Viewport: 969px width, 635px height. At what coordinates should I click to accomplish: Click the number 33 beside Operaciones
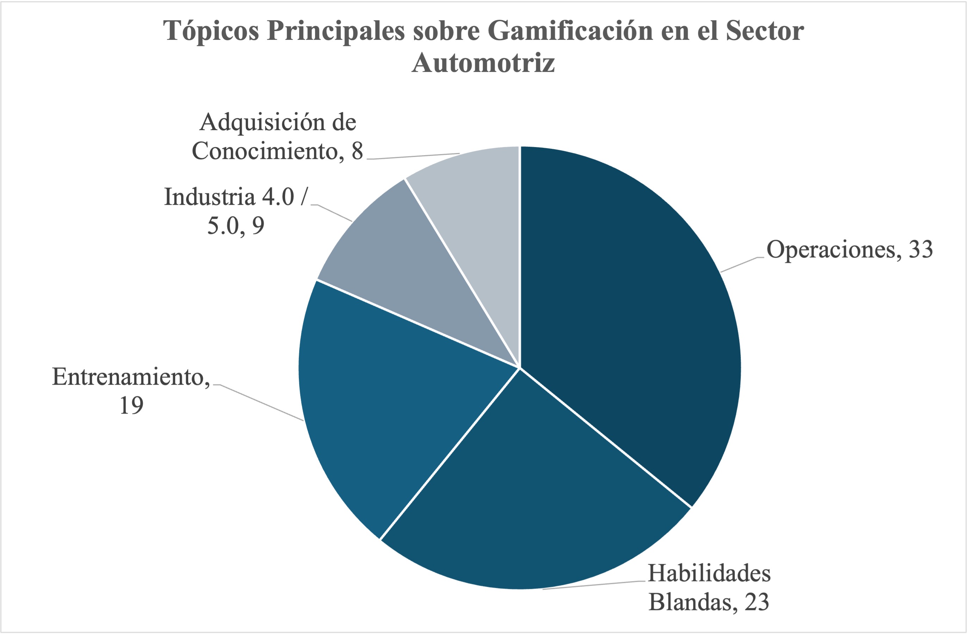pos(920,249)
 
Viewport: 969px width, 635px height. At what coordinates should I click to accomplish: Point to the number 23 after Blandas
pos(757,602)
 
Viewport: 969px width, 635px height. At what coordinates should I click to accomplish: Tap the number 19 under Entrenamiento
pos(131,405)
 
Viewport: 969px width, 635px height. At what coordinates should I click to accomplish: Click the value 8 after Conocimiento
pos(357,151)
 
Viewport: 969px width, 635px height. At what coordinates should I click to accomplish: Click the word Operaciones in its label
pos(831,249)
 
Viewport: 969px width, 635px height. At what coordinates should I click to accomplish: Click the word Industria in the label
pos(209,197)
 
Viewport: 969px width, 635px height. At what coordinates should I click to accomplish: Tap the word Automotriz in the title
pos(483,63)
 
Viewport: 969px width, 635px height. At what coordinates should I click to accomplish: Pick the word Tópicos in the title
pos(211,31)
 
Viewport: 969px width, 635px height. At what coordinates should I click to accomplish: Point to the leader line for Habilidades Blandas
pos(594,585)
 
